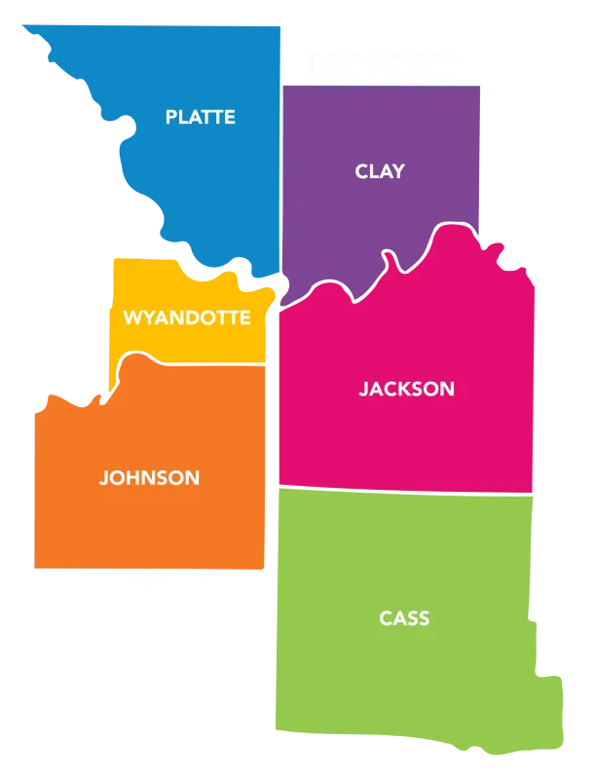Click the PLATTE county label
tap(200, 118)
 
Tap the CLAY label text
tap(379, 171)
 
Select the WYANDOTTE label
tap(186, 318)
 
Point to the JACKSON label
tap(406, 389)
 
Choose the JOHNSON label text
tap(149, 478)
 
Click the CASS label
tap(404, 619)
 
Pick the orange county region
tap(146, 526)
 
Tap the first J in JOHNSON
tap(103, 478)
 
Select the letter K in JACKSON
tap(402, 389)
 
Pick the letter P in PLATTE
tap(171, 118)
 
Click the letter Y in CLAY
tap(398, 171)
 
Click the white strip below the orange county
tap(175, 588)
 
